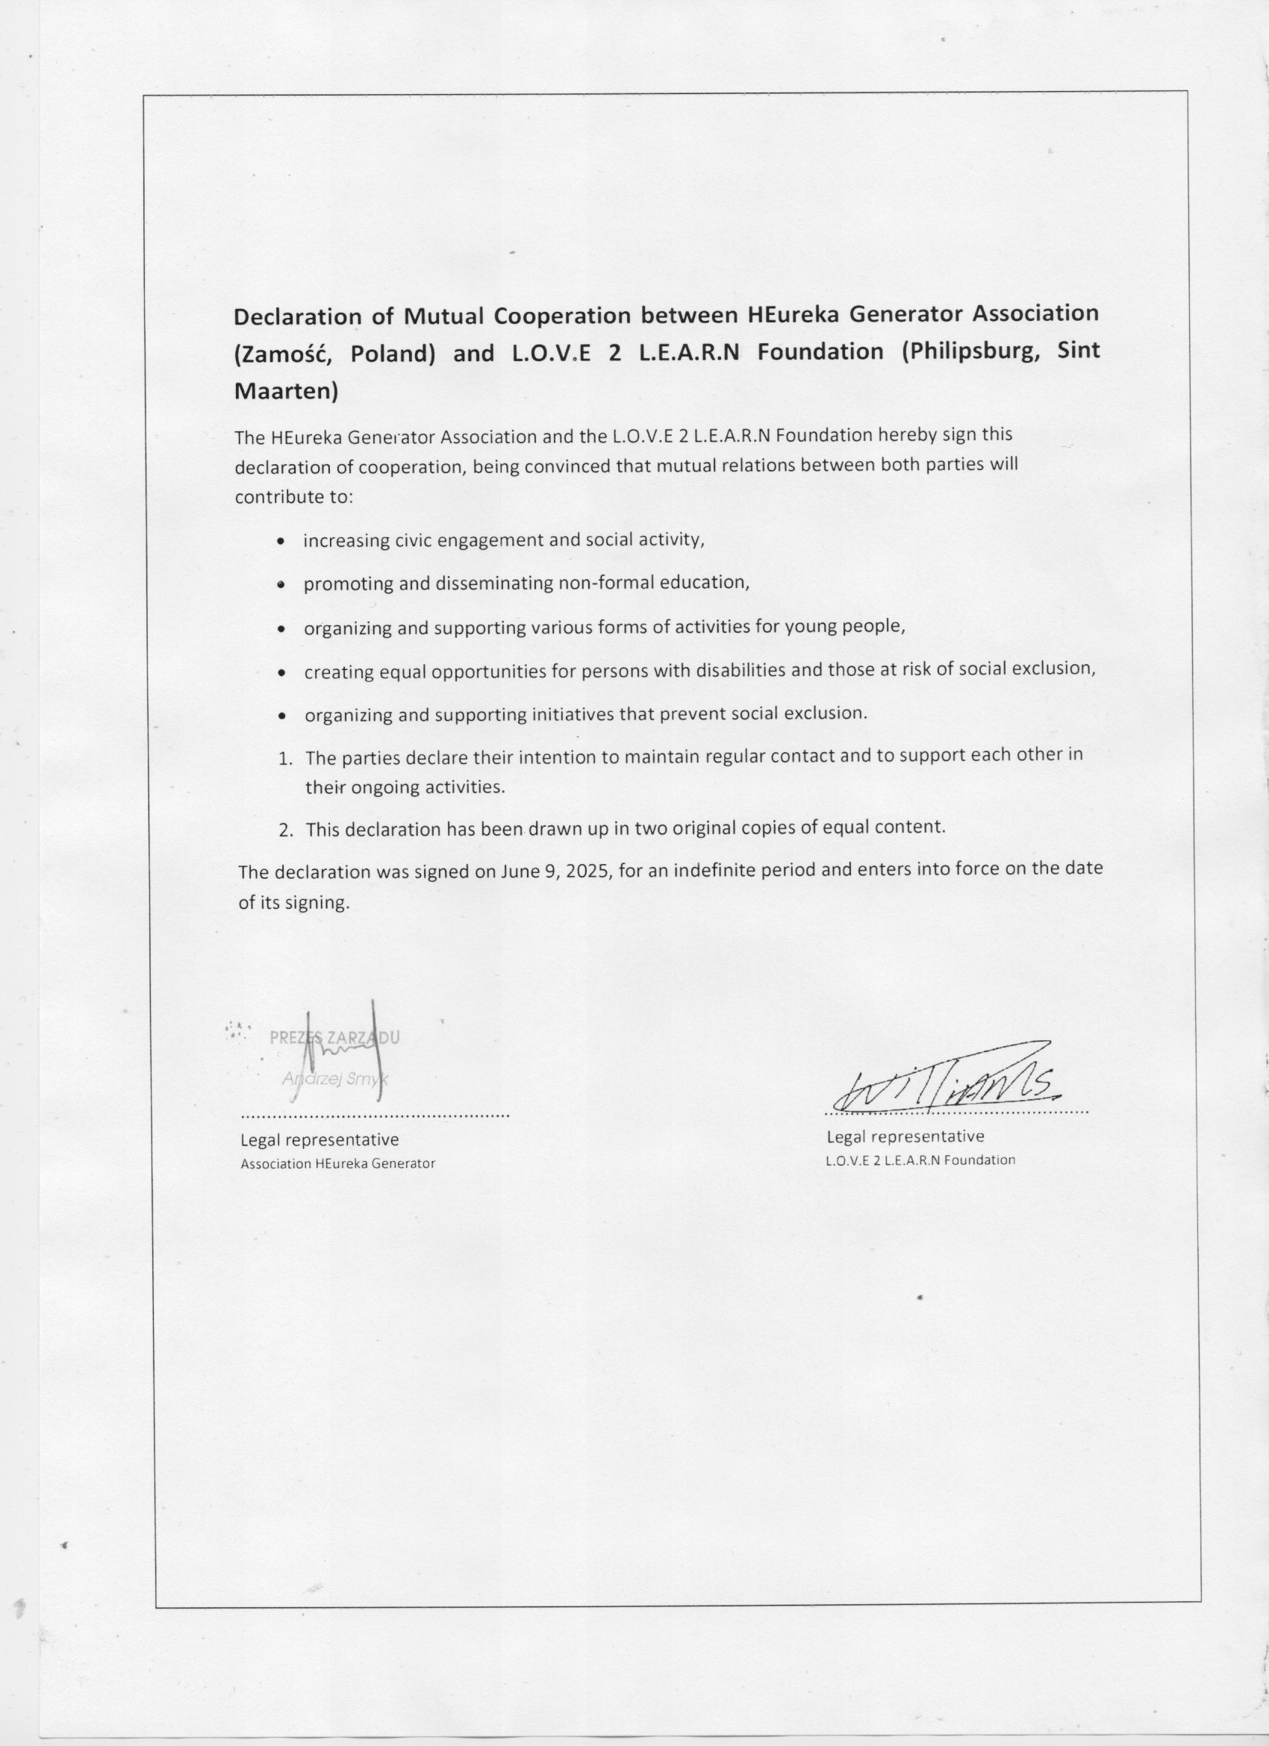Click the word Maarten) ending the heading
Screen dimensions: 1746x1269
[286, 392]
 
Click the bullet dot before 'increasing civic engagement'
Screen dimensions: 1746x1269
[283, 542]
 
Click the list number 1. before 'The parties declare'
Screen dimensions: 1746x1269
[285, 759]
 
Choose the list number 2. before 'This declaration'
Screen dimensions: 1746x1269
[286, 830]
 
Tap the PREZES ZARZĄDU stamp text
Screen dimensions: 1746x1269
[334, 1037]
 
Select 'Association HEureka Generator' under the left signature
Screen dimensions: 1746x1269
[337, 1164]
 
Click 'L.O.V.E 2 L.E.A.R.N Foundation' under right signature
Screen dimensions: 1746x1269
[920, 1160]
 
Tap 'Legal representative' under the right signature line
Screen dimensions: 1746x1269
[905, 1136]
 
